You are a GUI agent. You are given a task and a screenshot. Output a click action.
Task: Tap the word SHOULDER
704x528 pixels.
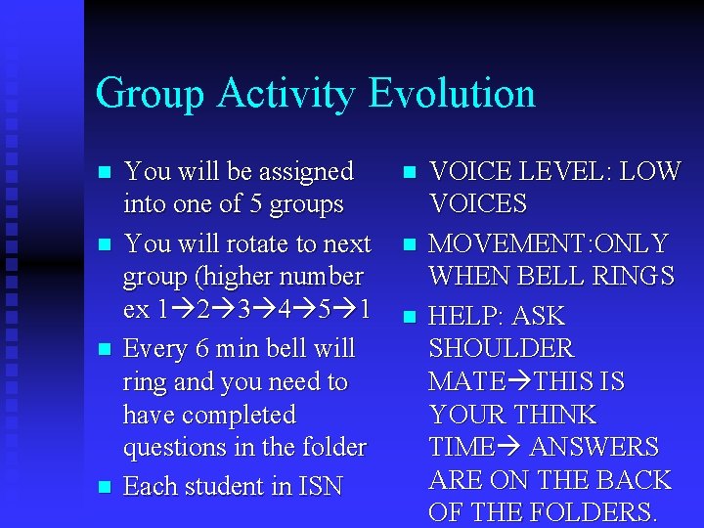[x=501, y=349]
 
